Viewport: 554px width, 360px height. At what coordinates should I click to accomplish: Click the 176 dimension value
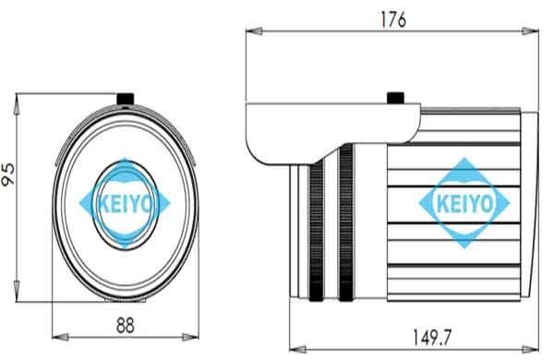pyautogui.click(x=393, y=19)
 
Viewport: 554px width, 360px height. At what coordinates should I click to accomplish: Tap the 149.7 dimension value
pyautogui.click(x=432, y=337)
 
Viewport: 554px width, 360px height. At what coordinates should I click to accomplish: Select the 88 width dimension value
pyautogui.click(x=125, y=325)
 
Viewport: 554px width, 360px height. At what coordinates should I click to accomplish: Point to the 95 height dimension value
pyautogui.click(x=7, y=174)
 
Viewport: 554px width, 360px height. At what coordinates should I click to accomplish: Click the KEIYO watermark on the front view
pyautogui.click(x=125, y=203)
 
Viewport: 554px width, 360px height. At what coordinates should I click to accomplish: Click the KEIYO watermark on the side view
pyautogui.click(x=464, y=203)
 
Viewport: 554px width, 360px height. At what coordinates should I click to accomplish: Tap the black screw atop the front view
pyautogui.click(x=125, y=99)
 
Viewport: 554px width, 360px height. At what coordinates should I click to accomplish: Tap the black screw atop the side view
pyautogui.click(x=396, y=98)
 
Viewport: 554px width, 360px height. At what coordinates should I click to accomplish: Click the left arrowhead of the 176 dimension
pyautogui.click(x=254, y=31)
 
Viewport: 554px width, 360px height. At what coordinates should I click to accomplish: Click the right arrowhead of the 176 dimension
pyautogui.click(x=530, y=31)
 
